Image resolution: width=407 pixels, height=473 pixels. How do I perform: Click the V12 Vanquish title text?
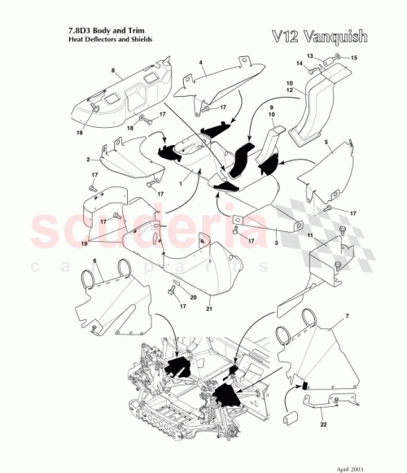coord(328,36)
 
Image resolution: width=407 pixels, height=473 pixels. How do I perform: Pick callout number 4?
coord(200,63)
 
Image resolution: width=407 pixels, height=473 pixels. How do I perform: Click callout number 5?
coord(326,142)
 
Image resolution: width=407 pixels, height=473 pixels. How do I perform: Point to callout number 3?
coord(276,243)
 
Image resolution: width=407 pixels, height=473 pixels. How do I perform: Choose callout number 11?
coord(309,234)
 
